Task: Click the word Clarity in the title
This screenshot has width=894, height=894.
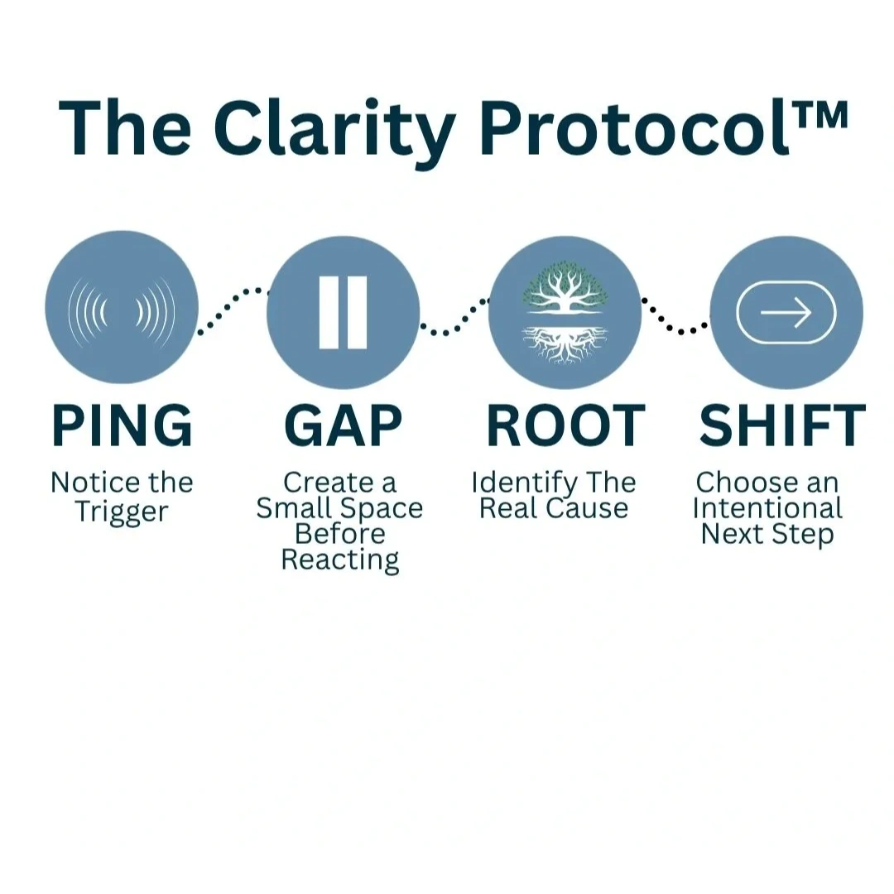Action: coord(334,129)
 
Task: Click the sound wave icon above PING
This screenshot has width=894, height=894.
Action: coord(122,311)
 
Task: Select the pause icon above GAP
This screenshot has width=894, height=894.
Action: coord(343,312)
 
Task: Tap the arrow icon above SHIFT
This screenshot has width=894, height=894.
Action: coord(786,312)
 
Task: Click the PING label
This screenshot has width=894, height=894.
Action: coord(122,425)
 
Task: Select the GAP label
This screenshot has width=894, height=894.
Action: coord(343,425)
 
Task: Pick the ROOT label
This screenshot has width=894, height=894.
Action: coord(565,425)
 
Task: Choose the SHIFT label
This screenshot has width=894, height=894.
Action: coord(782,425)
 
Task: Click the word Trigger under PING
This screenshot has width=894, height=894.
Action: coord(122,512)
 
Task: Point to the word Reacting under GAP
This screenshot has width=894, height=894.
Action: coord(340,560)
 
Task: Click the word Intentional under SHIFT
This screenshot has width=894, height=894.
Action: coord(767,508)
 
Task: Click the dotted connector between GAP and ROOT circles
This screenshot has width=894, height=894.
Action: coord(455,316)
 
